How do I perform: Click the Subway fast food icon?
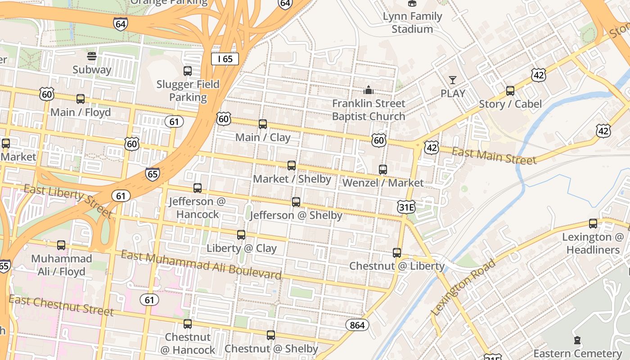click(92, 56)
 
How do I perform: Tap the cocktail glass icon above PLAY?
click(453, 80)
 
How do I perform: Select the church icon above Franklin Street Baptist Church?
click(369, 90)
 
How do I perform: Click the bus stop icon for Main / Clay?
click(263, 124)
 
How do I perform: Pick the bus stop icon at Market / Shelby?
click(292, 166)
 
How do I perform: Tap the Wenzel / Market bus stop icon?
click(383, 170)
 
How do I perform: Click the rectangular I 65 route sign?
click(225, 59)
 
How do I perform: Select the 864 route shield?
click(357, 325)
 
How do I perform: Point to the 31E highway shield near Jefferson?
click(406, 207)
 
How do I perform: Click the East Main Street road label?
click(494, 156)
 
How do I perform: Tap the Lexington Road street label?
click(463, 287)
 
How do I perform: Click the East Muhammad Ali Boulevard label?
click(201, 265)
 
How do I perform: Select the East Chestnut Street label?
click(61, 305)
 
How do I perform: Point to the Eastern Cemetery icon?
click(577, 340)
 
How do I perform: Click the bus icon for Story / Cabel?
click(510, 91)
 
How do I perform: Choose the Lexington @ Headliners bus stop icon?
click(593, 224)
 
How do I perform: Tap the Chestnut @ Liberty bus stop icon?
click(397, 253)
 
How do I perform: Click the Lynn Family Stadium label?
click(412, 22)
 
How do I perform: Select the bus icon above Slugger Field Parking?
click(188, 71)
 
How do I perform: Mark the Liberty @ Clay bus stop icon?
click(241, 235)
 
